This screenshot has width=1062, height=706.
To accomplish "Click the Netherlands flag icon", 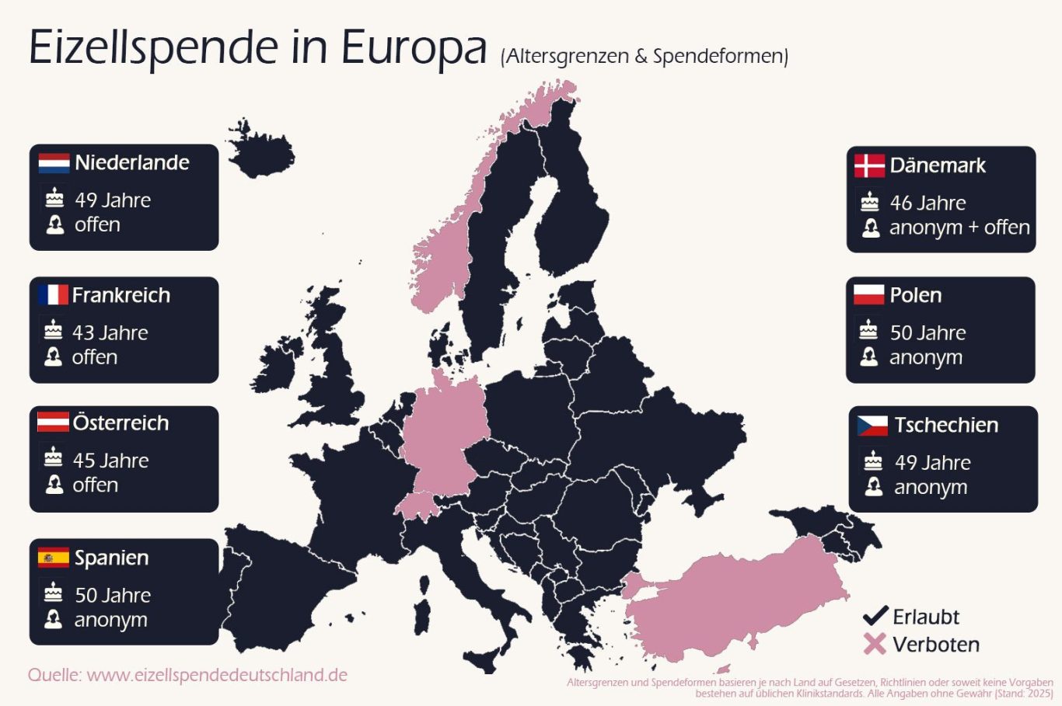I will click(x=54, y=163).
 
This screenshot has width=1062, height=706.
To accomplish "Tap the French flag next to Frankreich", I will click(x=53, y=295).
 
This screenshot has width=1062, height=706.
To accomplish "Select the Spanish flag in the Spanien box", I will click(x=53, y=558).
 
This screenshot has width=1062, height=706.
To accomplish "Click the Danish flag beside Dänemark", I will click(x=869, y=165).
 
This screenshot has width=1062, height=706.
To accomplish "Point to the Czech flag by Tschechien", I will click(x=872, y=426).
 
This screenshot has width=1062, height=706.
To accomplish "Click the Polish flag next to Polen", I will click(x=868, y=295).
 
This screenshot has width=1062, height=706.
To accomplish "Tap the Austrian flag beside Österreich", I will click(x=53, y=423).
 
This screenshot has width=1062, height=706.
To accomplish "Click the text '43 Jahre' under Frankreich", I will click(x=110, y=333).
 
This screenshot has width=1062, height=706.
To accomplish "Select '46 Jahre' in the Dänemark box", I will click(x=928, y=203).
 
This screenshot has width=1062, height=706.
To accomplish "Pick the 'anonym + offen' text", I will click(x=959, y=228).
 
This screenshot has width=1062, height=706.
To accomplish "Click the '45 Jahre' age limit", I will click(x=110, y=461).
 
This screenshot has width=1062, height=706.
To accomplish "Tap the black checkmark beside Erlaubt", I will click(x=875, y=616).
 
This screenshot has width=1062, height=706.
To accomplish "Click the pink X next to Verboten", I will click(x=875, y=644).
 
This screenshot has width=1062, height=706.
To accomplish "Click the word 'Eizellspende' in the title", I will click(x=153, y=48).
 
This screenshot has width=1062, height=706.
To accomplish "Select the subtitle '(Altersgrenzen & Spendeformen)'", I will click(x=645, y=57).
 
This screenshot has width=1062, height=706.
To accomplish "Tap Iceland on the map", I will click(x=260, y=149).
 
